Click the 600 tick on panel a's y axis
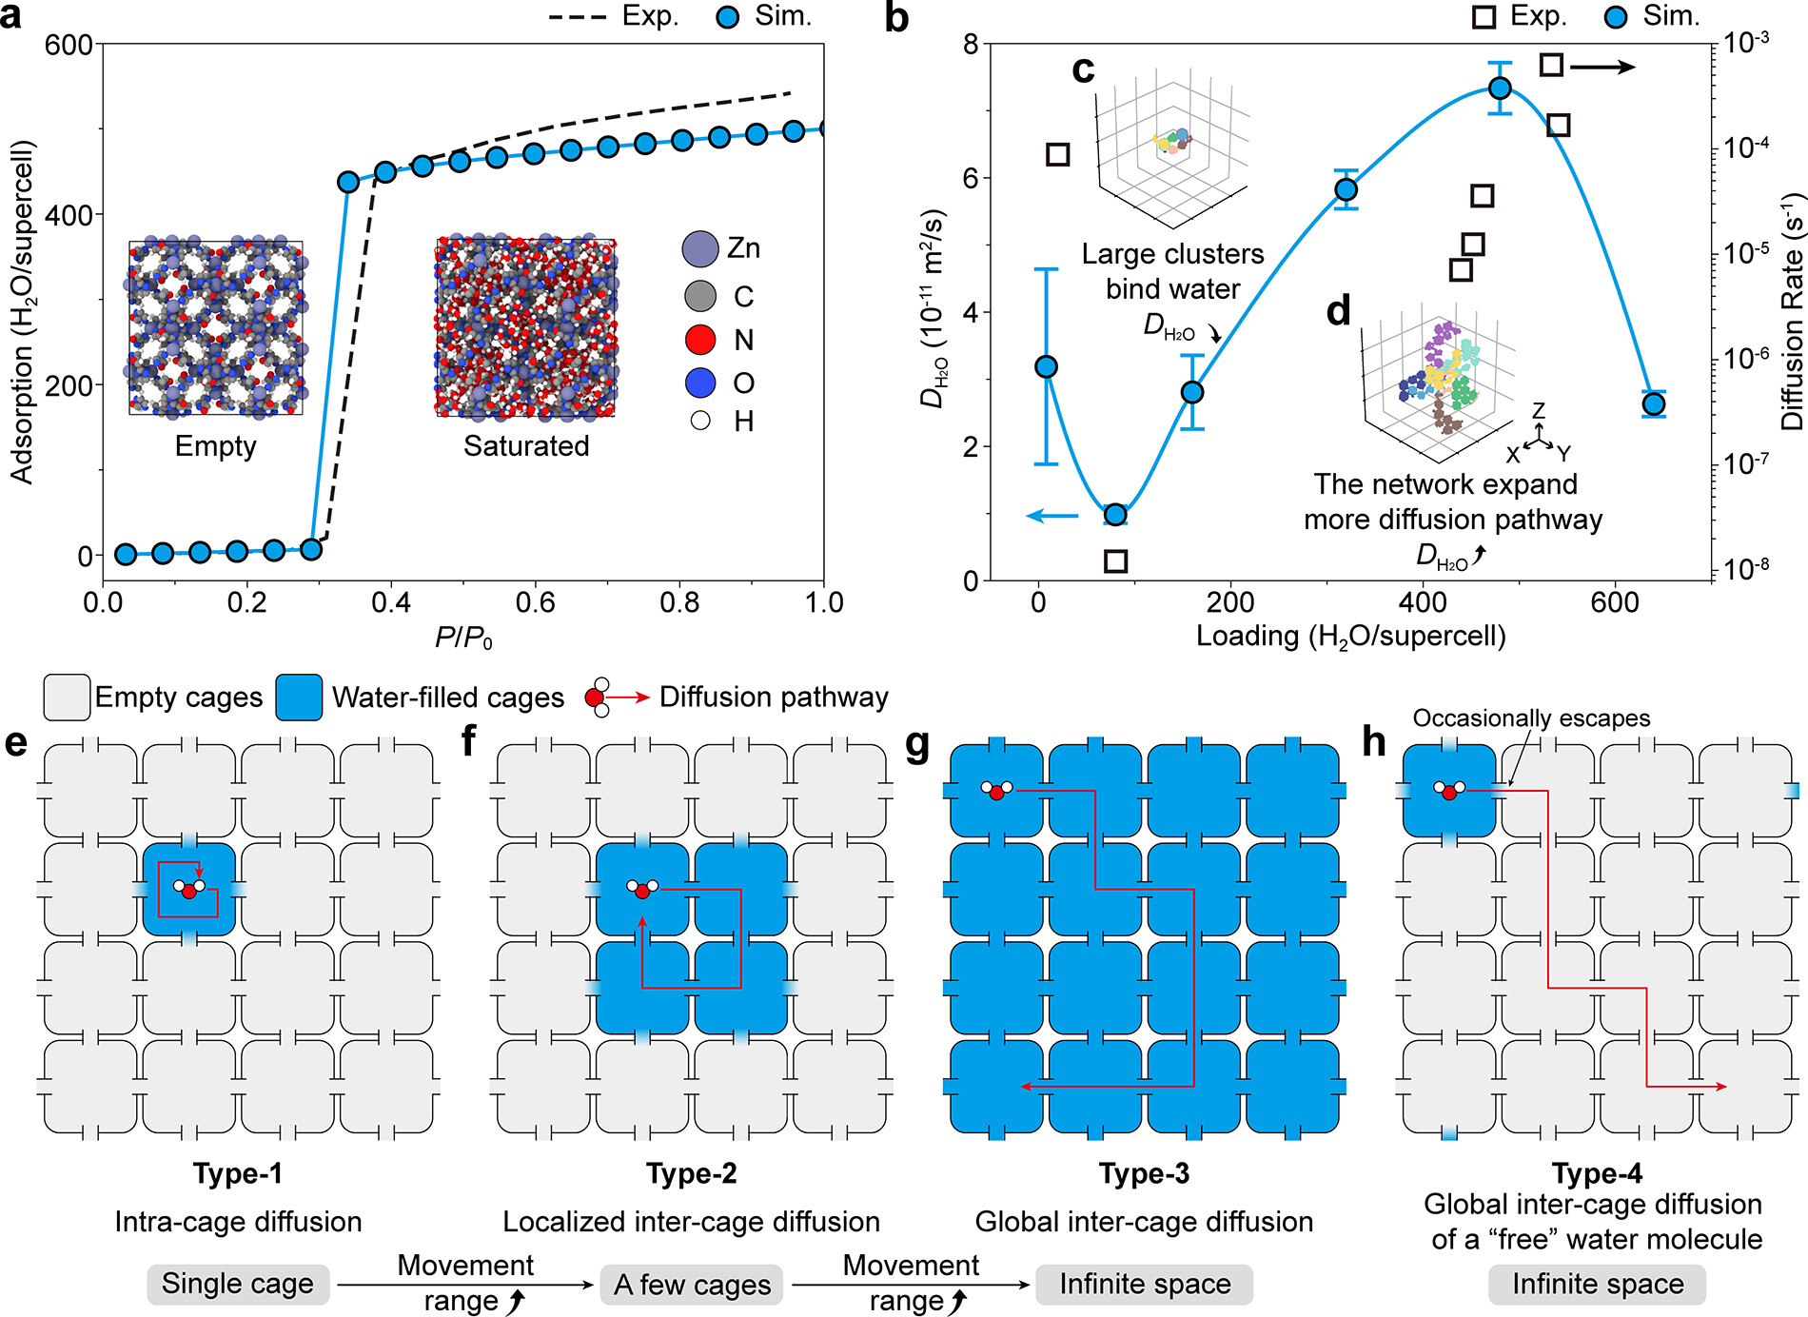pos(69,45)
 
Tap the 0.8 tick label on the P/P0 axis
pos(679,602)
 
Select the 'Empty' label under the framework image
pos(216,445)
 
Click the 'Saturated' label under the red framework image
pos(526,445)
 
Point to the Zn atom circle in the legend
pos(700,248)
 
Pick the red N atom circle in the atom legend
pos(700,340)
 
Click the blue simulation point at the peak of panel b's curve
pos(1500,88)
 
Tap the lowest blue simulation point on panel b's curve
pos(1115,515)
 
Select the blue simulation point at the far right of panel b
pos(1654,404)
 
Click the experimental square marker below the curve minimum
pos(1116,560)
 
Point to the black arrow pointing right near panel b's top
pos(1603,67)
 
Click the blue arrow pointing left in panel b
pos(1052,516)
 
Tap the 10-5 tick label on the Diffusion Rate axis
pos(1747,252)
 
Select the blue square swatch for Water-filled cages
pos(299,698)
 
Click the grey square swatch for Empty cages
pos(67,698)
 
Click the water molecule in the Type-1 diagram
pos(188,889)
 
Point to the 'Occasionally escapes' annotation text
pos(1531,718)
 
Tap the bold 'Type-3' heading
pos(1144,1173)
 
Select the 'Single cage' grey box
pos(238,1285)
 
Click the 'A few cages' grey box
pos(692,1285)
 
